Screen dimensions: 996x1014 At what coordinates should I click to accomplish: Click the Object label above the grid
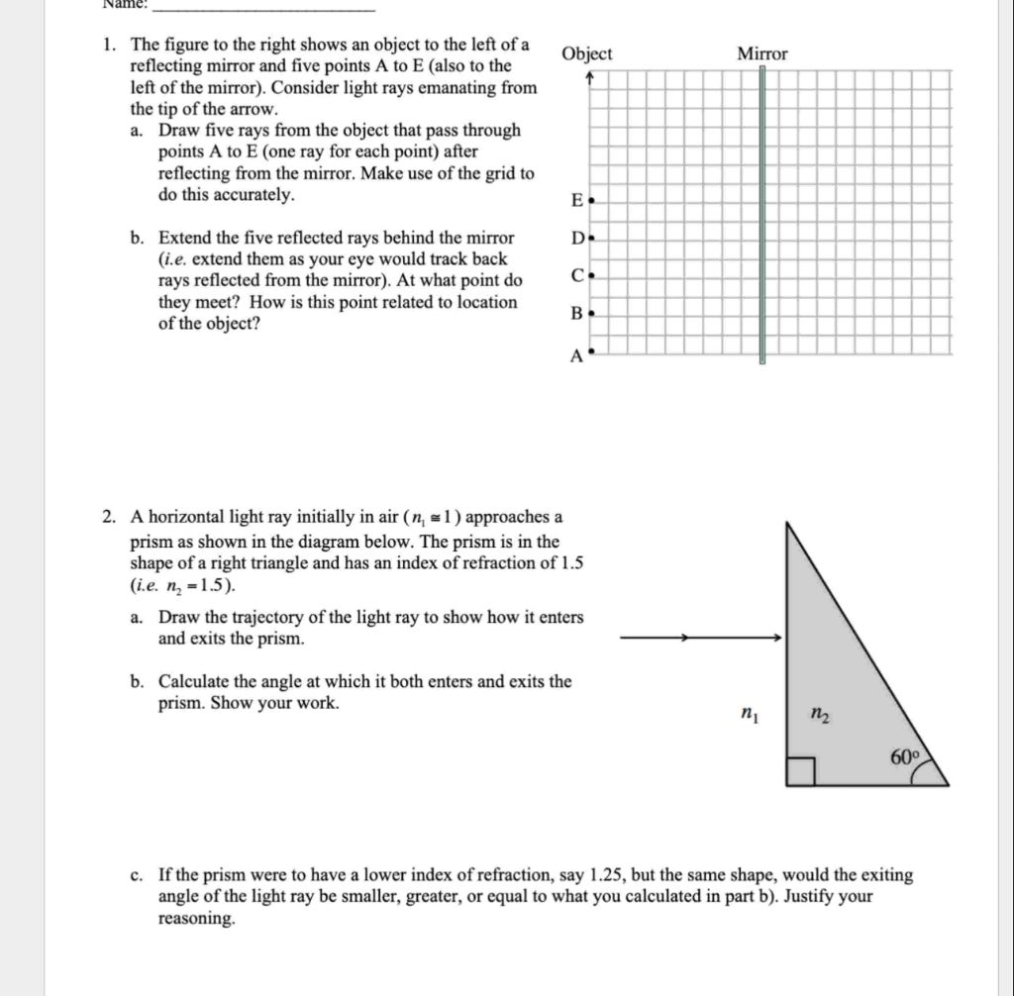coord(587,54)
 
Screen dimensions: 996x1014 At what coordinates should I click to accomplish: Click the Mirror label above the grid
coord(762,54)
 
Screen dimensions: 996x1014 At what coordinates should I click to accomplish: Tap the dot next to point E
coord(591,200)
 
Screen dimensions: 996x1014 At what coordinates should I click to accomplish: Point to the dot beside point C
coord(591,276)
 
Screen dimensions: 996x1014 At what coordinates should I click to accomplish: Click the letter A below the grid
coord(575,357)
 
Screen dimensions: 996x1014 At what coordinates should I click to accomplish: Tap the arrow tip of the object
coord(590,77)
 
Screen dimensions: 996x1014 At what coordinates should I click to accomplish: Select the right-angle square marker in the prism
coord(800,772)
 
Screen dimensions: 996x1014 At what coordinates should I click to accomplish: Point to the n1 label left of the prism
coord(750,711)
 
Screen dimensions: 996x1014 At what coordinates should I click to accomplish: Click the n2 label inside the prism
coord(818,712)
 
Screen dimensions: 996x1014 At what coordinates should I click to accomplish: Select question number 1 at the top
coord(113,46)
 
